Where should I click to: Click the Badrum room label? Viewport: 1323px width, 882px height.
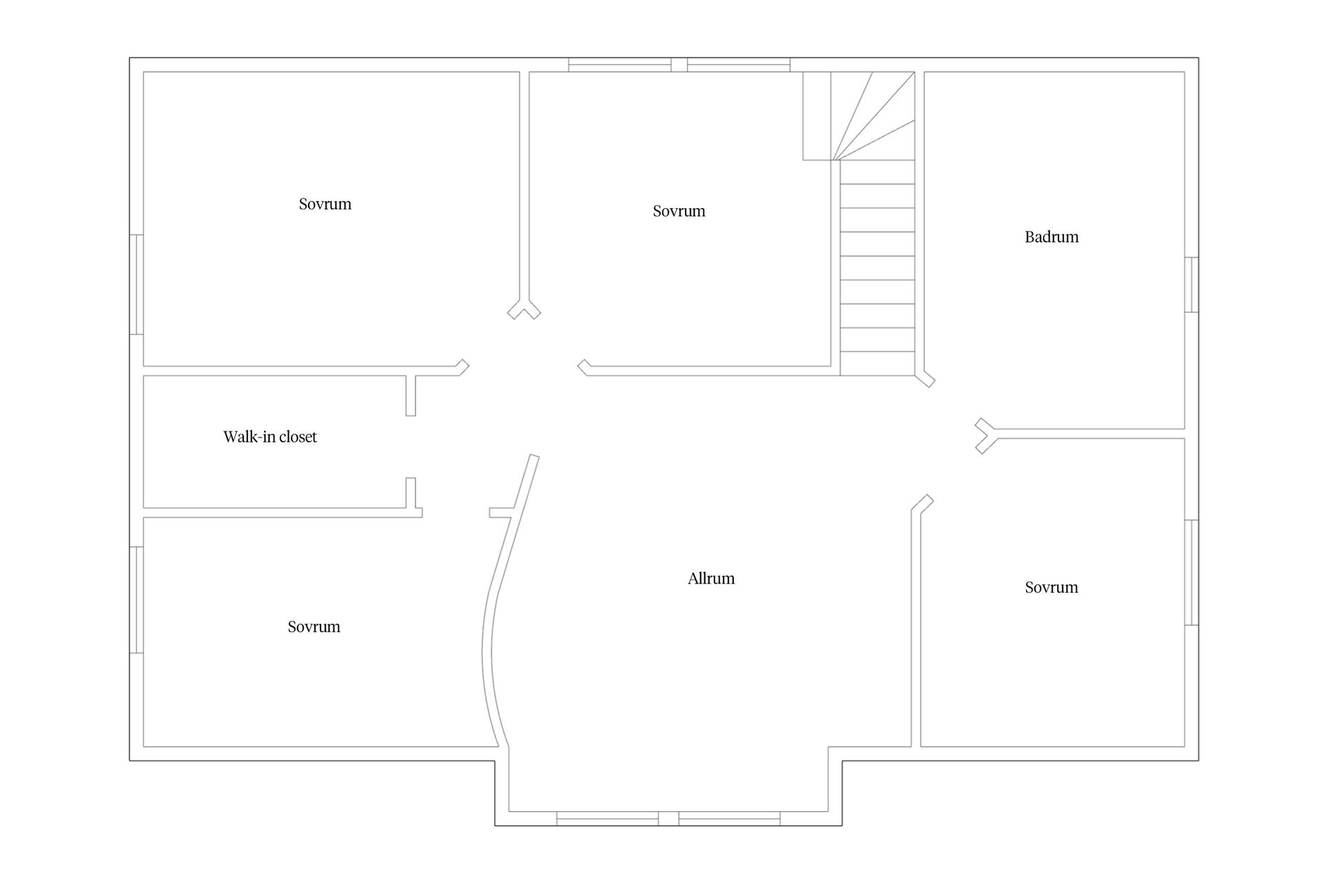1052,237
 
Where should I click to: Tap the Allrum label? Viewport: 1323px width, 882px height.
711,578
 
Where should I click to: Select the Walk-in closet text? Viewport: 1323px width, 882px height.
270,436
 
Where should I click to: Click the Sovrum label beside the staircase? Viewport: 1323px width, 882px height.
679,211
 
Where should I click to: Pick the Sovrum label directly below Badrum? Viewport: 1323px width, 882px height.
1052,587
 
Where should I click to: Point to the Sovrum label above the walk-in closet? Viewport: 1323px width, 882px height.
325,204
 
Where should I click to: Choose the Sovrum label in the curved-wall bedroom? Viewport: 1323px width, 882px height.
314,626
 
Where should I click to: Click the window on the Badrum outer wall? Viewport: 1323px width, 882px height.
1191,285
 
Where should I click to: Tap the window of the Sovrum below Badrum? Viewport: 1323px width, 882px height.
1191,573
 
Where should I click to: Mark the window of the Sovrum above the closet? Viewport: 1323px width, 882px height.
136,285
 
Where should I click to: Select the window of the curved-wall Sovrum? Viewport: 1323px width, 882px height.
136,599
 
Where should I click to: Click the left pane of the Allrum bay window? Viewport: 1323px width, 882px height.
608,819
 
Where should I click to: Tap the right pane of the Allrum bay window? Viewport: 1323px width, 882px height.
730,819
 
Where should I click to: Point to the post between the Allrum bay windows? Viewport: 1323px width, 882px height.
668,819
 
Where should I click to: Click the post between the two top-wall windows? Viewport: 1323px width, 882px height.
679,65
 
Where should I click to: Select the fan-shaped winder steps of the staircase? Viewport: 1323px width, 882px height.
873,116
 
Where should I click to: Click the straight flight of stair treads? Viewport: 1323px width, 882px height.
877,268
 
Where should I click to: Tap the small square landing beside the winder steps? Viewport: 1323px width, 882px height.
817,116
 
